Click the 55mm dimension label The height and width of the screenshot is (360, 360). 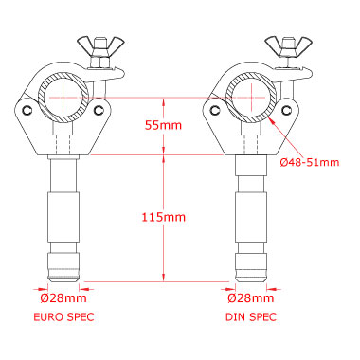pyautogui.click(x=163, y=125)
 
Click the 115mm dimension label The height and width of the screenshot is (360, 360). pyautogui.click(x=163, y=217)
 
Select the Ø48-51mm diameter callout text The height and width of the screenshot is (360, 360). pyautogui.click(x=310, y=162)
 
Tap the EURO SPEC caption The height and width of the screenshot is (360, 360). pyautogui.click(x=63, y=316)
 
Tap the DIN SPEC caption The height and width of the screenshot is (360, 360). pyautogui.click(x=251, y=316)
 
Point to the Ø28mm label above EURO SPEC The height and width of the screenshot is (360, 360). pyautogui.click(x=63, y=298)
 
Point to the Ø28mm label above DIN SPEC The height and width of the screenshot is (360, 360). pyautogui.click(x=251, y=298)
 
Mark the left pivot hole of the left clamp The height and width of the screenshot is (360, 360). pyautogui.click(x=27, y=110)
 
